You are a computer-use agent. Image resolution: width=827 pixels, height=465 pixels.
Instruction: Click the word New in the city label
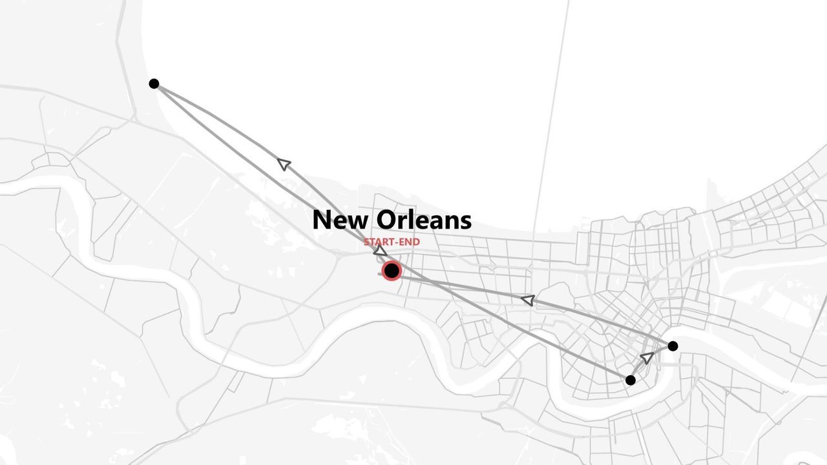pos(340,220)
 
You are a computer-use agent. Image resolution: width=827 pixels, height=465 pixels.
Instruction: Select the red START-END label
pos(392,242)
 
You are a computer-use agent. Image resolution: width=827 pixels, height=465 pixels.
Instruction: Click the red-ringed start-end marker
pos(392,271)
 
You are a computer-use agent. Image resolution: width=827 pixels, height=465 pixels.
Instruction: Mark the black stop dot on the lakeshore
pos(154,83)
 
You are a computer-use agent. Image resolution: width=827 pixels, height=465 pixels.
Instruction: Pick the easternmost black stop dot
pos(673,346)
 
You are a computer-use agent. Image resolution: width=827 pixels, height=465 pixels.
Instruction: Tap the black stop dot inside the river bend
pos(631,380)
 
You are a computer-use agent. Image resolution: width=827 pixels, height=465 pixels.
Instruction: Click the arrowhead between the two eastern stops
pos(646,357)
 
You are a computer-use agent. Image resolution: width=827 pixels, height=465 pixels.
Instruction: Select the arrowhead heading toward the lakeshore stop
pos(284,164)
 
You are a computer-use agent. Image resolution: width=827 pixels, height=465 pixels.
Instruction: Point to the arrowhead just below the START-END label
pos(381,251)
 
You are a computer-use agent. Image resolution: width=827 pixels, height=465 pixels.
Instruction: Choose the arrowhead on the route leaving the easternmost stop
pos(528,300)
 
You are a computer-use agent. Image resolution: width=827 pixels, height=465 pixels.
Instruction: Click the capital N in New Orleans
pos(322,221)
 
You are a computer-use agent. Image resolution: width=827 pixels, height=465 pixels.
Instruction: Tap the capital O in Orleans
pos(386,221)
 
